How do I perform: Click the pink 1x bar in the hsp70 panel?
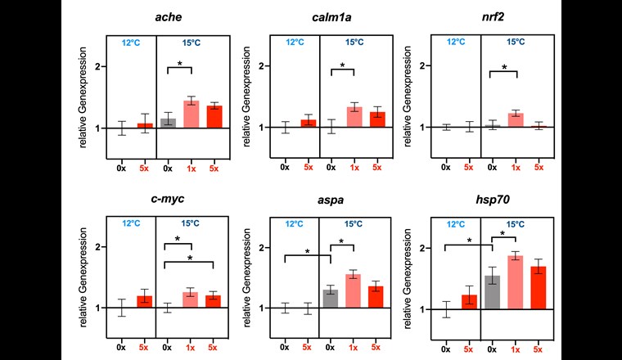515,282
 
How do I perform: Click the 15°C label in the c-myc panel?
191,223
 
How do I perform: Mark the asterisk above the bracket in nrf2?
503,68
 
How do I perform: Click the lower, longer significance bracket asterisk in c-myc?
190,258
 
